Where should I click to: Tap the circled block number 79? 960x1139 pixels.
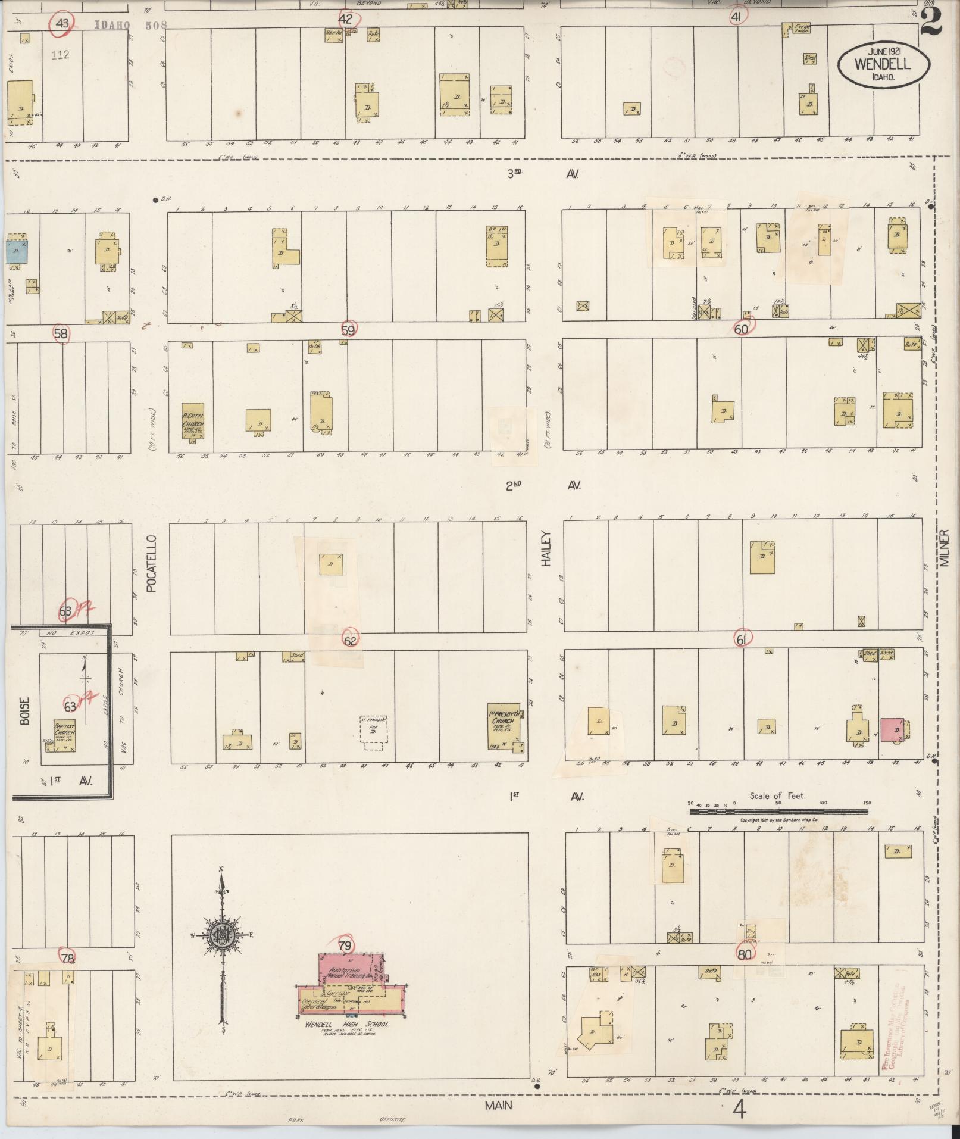coord(345,945)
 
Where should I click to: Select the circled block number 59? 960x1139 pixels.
coord(349,329)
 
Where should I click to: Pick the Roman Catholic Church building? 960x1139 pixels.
coord(193,421)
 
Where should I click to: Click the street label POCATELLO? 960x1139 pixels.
coord(151,563)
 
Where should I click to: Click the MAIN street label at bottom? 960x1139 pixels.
coord(498,1106)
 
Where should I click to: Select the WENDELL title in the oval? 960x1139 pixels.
coord(883,65)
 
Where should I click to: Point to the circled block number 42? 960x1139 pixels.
coord(346,18)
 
